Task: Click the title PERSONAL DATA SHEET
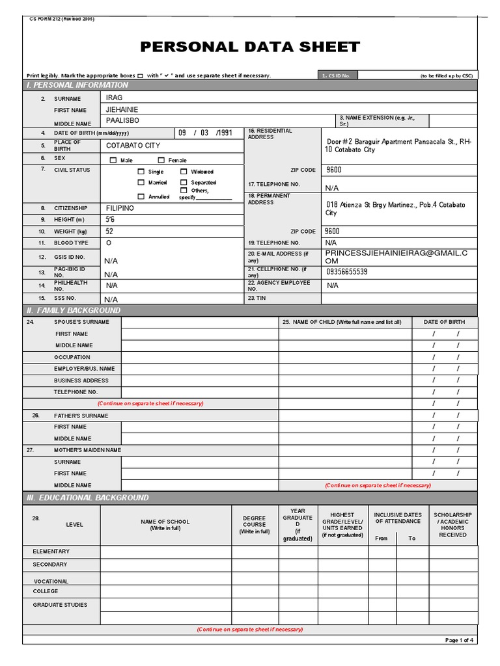(x=250, y=47)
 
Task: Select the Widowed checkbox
(x=184, y=172)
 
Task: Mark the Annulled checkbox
(x=141, y=196)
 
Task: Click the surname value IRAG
(x=114, y=98)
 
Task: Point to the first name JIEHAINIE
(x=122, y=109)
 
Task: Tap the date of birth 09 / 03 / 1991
(x=205, y=133)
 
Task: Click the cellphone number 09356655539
(x=346, y=271)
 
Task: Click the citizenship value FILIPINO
(x=120, y=208)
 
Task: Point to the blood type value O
(x=109, y=243)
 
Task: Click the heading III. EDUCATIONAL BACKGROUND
(x=88, y=498)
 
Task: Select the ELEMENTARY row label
(x=50, y=552)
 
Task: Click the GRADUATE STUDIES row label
(x=60, y=605)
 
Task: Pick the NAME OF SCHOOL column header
(x=165, y=522)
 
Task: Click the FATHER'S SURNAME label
(x=81, y=415)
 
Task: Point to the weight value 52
(x=109, y=231)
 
